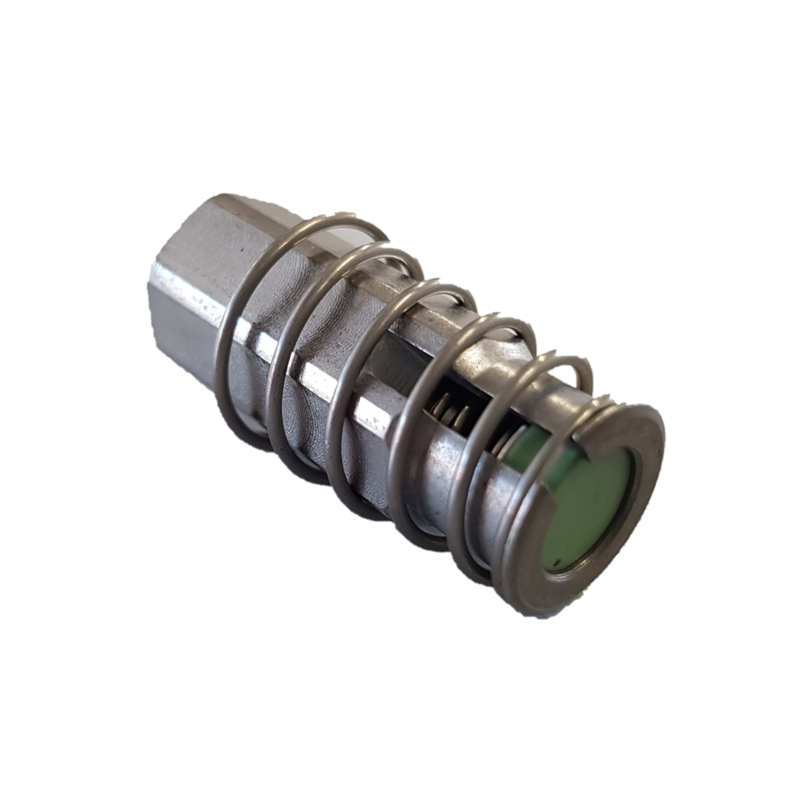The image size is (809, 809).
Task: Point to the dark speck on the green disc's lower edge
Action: [x=553, y=559]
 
